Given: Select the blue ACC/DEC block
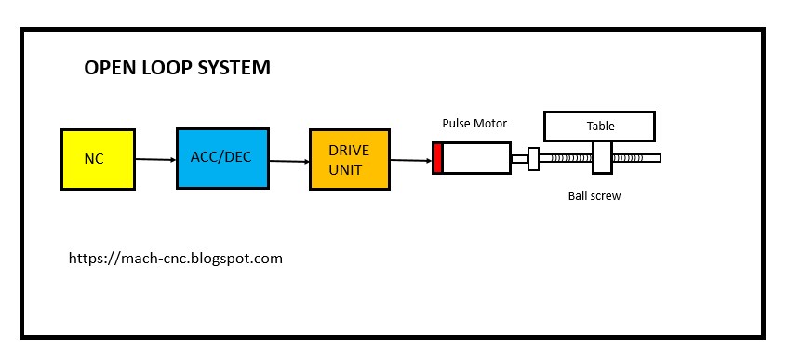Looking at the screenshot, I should point(222,158).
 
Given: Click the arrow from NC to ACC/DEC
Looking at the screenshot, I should point(155,159).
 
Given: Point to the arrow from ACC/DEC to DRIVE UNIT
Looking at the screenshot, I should point(289,160).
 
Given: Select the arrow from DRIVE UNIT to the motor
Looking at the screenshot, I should point(410,161).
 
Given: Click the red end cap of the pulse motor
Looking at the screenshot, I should point(437,158).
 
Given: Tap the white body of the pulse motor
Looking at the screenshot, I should point(476,158).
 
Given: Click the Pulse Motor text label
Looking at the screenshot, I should point(474,123).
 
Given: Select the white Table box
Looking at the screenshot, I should point(599,126).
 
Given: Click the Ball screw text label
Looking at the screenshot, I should point(594,196).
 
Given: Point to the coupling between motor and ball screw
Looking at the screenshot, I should point(533,159).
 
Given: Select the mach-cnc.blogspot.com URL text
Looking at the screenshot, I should point(176,258).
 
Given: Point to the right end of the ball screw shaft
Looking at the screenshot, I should point(655,158).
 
